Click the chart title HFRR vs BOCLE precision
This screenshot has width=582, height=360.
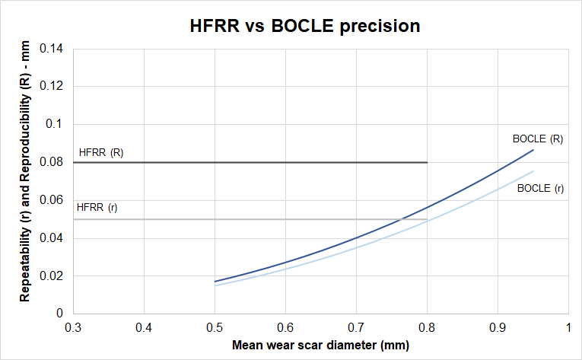pyautogui.click(x=304, y=26)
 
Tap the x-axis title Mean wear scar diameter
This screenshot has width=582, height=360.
pyautogui.click(x=320, y=345)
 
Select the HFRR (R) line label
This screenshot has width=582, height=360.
pyautogui.click(x=100, y=152)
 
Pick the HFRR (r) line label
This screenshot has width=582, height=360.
pyautogui.click(x=97, y=207)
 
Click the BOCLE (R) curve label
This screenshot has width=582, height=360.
pyautogui.click(x=537, y=139)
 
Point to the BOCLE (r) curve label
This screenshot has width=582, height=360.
pyautogui.click(x=540, y=188)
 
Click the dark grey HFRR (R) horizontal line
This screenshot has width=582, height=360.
pyautogui.click(x=251, y=162)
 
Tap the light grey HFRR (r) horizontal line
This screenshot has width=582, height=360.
pyautogui.click(x=251, y=219)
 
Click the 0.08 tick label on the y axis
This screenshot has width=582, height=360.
pyautogui.click(x=56, y=162)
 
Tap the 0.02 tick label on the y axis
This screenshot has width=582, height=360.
pyautogui.click(x=56, y=276)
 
